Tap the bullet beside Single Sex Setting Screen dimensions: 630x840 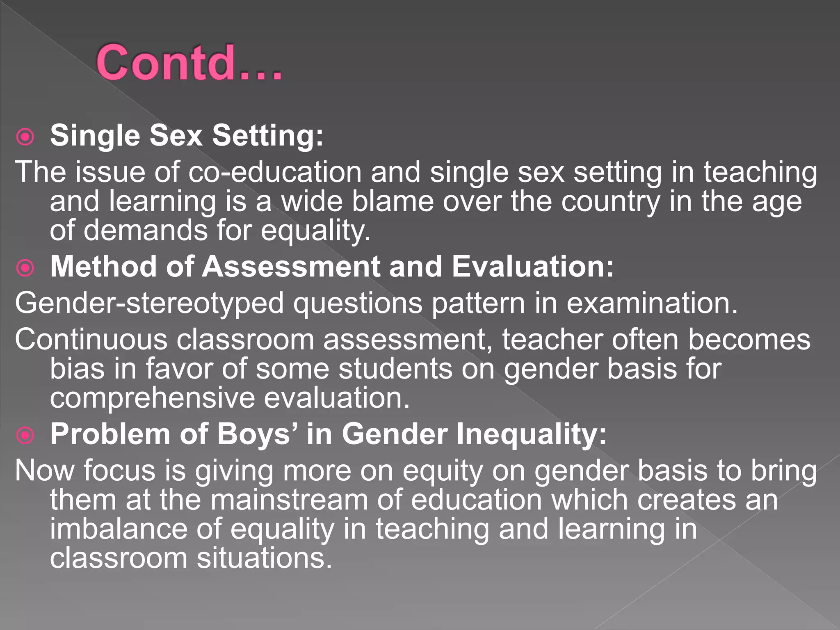tap(25, 137)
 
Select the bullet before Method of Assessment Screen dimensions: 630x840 tap(25, 268)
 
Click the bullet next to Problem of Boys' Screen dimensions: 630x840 tap(25, 436)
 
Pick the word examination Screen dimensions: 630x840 tap(652, 304)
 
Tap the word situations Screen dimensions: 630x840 tap(264, 558)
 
